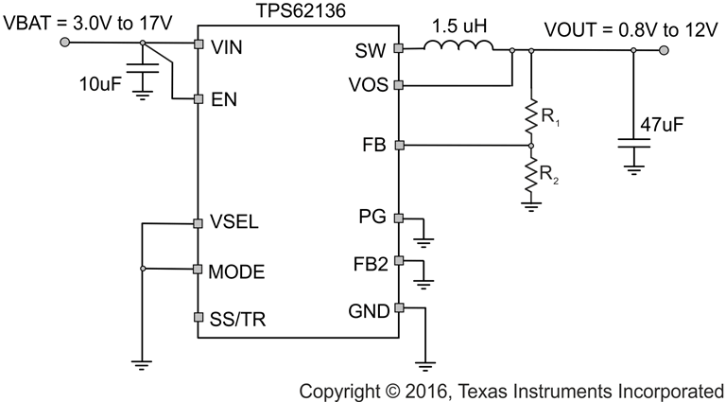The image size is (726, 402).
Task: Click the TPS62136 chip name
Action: pos(298,12)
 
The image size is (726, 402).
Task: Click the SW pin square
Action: pos(398,48)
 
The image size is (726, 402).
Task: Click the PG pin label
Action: pos(372,218)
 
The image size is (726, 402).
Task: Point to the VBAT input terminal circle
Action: pos(64,44)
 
